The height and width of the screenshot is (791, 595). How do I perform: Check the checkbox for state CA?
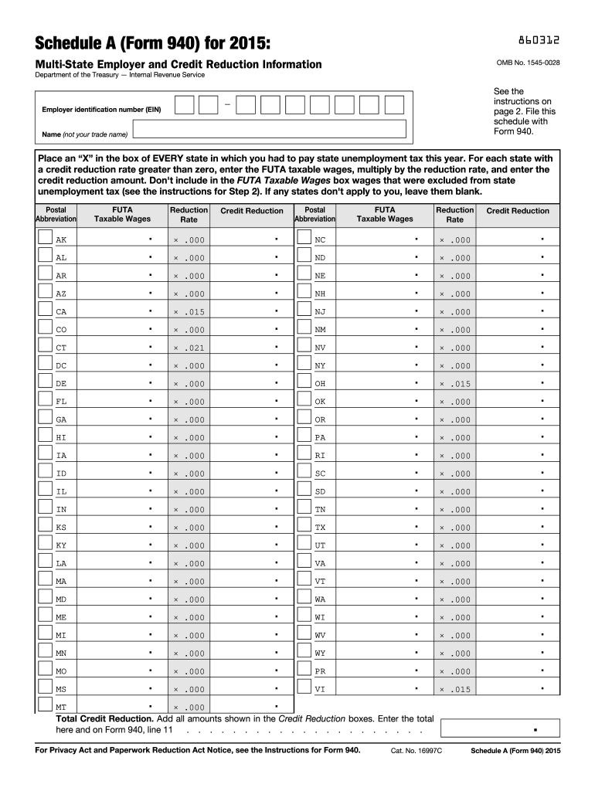(45, 310)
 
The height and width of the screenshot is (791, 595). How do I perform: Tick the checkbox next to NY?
(304, 364)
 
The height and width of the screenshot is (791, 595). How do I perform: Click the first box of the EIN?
(184, 106)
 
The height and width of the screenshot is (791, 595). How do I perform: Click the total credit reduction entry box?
(498, 728)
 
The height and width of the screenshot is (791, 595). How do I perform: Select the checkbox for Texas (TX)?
(304, 525)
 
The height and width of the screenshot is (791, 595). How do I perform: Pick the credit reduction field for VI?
(518, 688)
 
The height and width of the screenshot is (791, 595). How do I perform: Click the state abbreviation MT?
(62, 707)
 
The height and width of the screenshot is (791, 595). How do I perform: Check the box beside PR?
(304, 669)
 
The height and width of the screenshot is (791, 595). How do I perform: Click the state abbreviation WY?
(321, 654)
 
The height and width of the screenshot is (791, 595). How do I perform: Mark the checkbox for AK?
(45, 238)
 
